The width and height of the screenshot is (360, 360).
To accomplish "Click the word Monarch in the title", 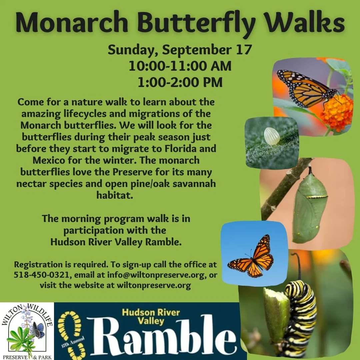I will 72,23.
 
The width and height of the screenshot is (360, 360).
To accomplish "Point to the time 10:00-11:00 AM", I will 180,66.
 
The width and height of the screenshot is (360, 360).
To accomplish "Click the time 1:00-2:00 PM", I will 180,82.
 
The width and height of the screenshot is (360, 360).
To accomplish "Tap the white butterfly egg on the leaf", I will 272,136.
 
